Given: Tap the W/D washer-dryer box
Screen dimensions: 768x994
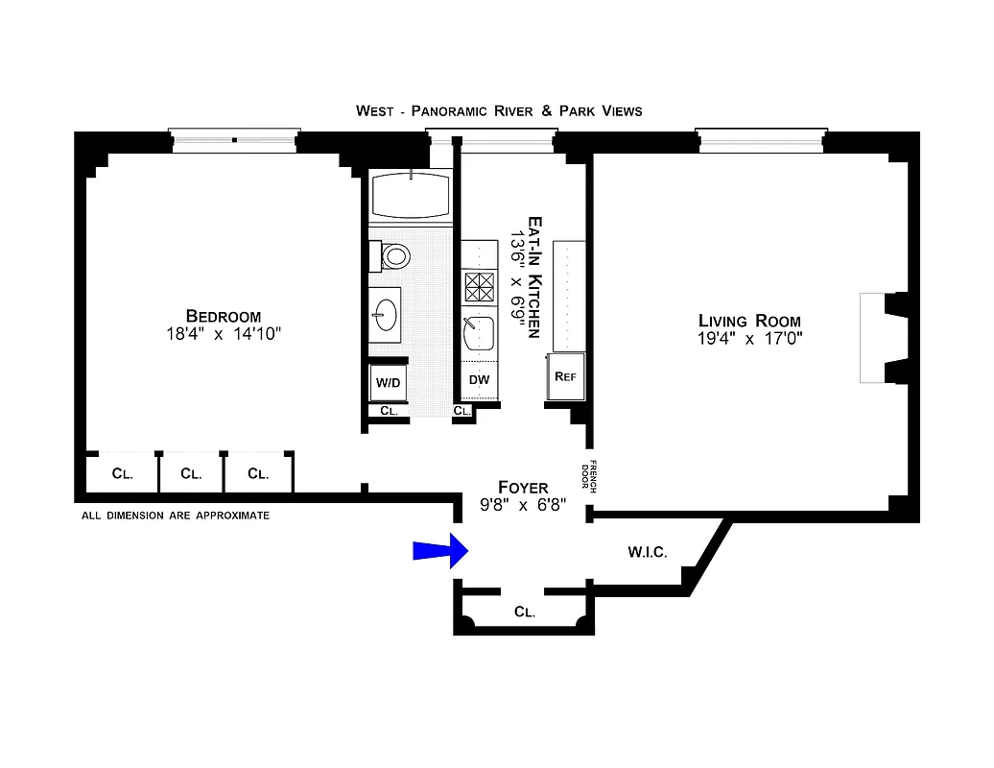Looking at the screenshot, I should point(389,382).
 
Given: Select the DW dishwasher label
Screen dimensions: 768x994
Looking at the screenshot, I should point(479,380).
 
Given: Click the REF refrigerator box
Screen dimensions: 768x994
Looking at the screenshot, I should point(565,375).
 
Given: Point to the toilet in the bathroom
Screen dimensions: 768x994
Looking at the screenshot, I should point(392,255).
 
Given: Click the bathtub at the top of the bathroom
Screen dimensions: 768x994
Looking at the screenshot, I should point(411,195).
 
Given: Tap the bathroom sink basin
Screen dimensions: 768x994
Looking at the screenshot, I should point(387,313).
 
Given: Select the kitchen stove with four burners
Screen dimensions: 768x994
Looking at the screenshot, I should point(479,286).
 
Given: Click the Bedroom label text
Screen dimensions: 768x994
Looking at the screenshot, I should point(224,317).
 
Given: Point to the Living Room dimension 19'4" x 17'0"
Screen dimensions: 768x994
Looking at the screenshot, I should point(749,338).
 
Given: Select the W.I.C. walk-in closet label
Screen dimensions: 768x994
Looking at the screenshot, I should point(648,552).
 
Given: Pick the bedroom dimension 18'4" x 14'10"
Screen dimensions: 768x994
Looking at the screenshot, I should point(223,334).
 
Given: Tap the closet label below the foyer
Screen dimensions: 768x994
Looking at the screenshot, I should point(524,611).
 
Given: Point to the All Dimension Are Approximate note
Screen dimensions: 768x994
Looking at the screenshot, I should point(176,516).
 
